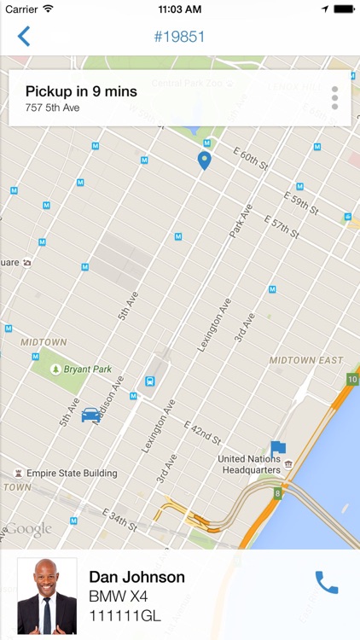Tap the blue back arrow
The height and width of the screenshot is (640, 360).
click(x=24, y=37)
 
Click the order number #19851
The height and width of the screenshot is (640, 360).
click(x=179, y=37)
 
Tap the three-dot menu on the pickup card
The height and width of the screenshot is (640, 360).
click(x=334, y=98)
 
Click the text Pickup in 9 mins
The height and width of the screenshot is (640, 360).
click(x=81, y=91)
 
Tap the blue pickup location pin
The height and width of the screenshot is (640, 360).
click(x=204, y=160)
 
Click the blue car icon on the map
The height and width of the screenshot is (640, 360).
click(x=90, y=415)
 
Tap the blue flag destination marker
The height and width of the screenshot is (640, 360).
click(x=277, y=447)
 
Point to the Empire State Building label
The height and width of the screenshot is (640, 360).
click(x=71, y=473)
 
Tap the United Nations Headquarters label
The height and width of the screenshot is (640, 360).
click(x=251, y=464)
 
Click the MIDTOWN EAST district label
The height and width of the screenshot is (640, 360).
click(x=305, y=360)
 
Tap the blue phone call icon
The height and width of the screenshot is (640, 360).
click(x=327, y=582)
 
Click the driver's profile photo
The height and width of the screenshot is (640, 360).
click(x=47, y=596)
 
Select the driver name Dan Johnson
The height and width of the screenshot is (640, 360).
click(x=136, y=578)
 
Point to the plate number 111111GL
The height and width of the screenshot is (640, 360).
click(x=125, y=615)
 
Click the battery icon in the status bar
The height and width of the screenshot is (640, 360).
click(x=343, y=9)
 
